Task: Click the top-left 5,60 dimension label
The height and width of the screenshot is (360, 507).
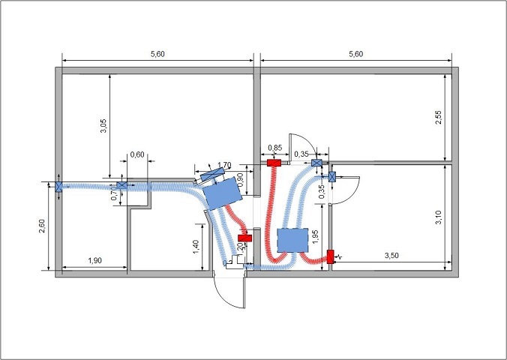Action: [x=157, y=54]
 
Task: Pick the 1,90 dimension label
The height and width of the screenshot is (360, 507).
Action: [x=95, y=260]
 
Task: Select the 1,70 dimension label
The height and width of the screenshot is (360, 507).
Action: [x=223, y=165]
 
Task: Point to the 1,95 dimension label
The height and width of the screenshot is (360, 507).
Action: [x=316, y=237]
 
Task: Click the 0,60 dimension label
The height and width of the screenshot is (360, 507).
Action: [x=137, y=154]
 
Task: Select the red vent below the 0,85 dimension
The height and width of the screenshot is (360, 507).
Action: [x=274, y=162]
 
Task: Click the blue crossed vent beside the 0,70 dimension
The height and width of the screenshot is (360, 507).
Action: [x=121, y=185]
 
